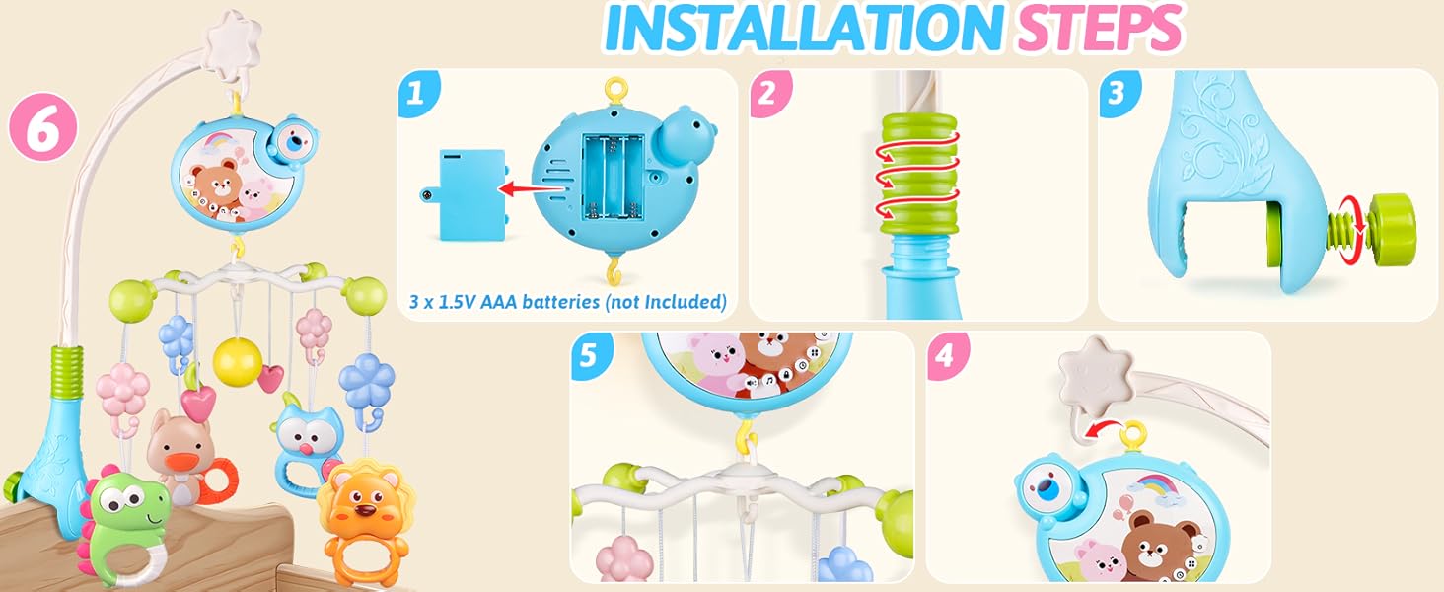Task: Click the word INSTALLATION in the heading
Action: pyautogui.click(x=800, y=30)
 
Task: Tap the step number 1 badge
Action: pyautogui.click(x=416, y=93)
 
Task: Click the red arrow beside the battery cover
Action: pyautogui.click(x=522, y=185)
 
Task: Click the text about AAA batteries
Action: pyautogui.click(x=567, y=302)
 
